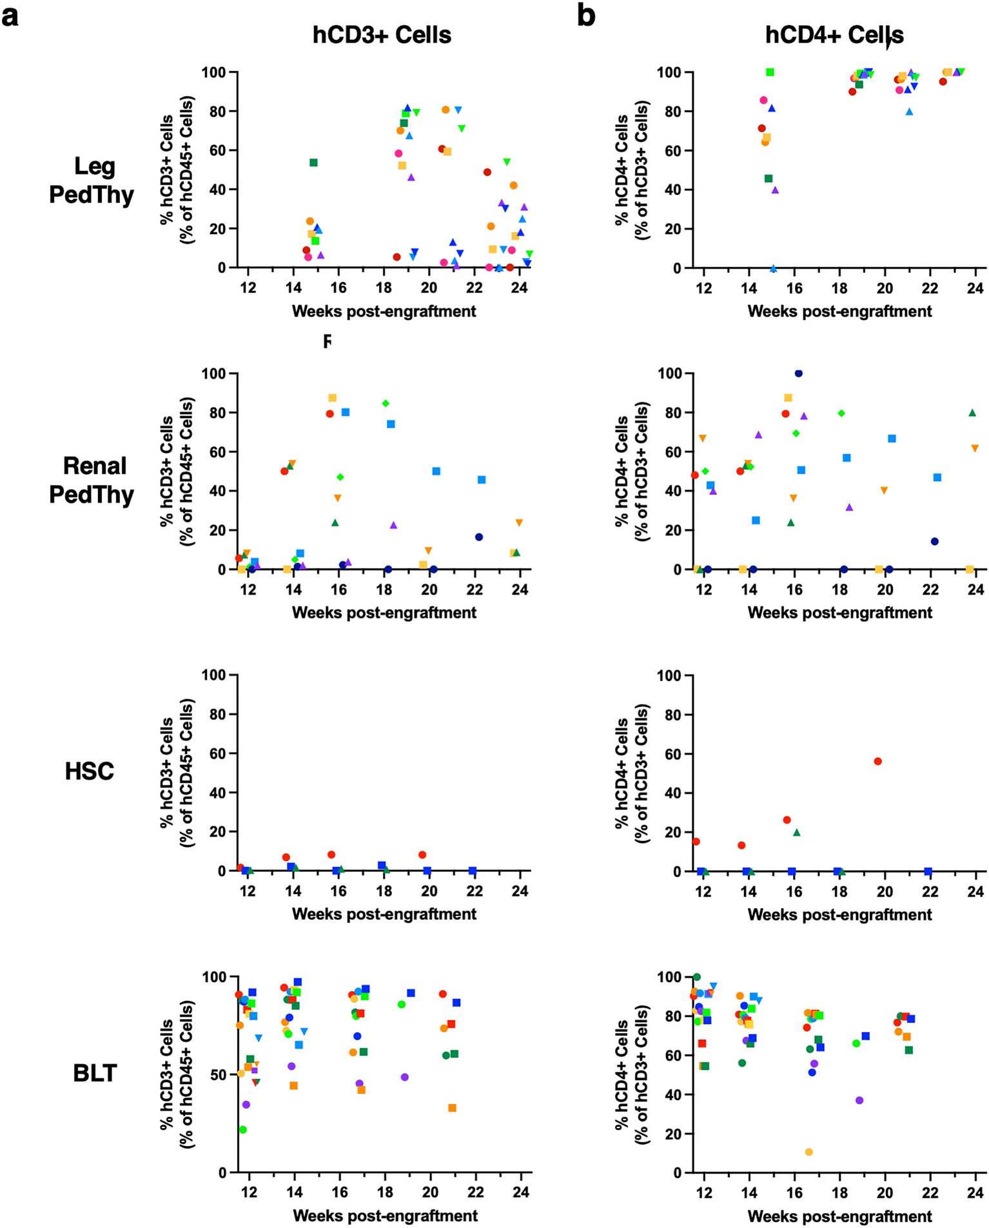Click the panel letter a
point(11,17)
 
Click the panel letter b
point(585,15)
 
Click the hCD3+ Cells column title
point(382,35)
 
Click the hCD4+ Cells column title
point(834,35)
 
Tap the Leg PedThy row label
point(92,180)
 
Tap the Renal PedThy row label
point(92,480)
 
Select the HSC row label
point(89,771)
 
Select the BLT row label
point(94,1073)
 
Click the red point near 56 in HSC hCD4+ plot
point(877,762)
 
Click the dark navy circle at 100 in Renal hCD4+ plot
point(798,373)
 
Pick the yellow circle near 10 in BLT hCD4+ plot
point(809,1152)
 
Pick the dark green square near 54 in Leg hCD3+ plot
point(313,163)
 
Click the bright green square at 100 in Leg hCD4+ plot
point(770,72)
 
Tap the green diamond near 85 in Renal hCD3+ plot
point(386,403)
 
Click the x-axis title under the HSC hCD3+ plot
point(384,914)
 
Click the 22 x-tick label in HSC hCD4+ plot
point(930,892)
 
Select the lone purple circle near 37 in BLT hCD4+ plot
point(859,1100)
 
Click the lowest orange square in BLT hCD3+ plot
point(452,1108)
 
